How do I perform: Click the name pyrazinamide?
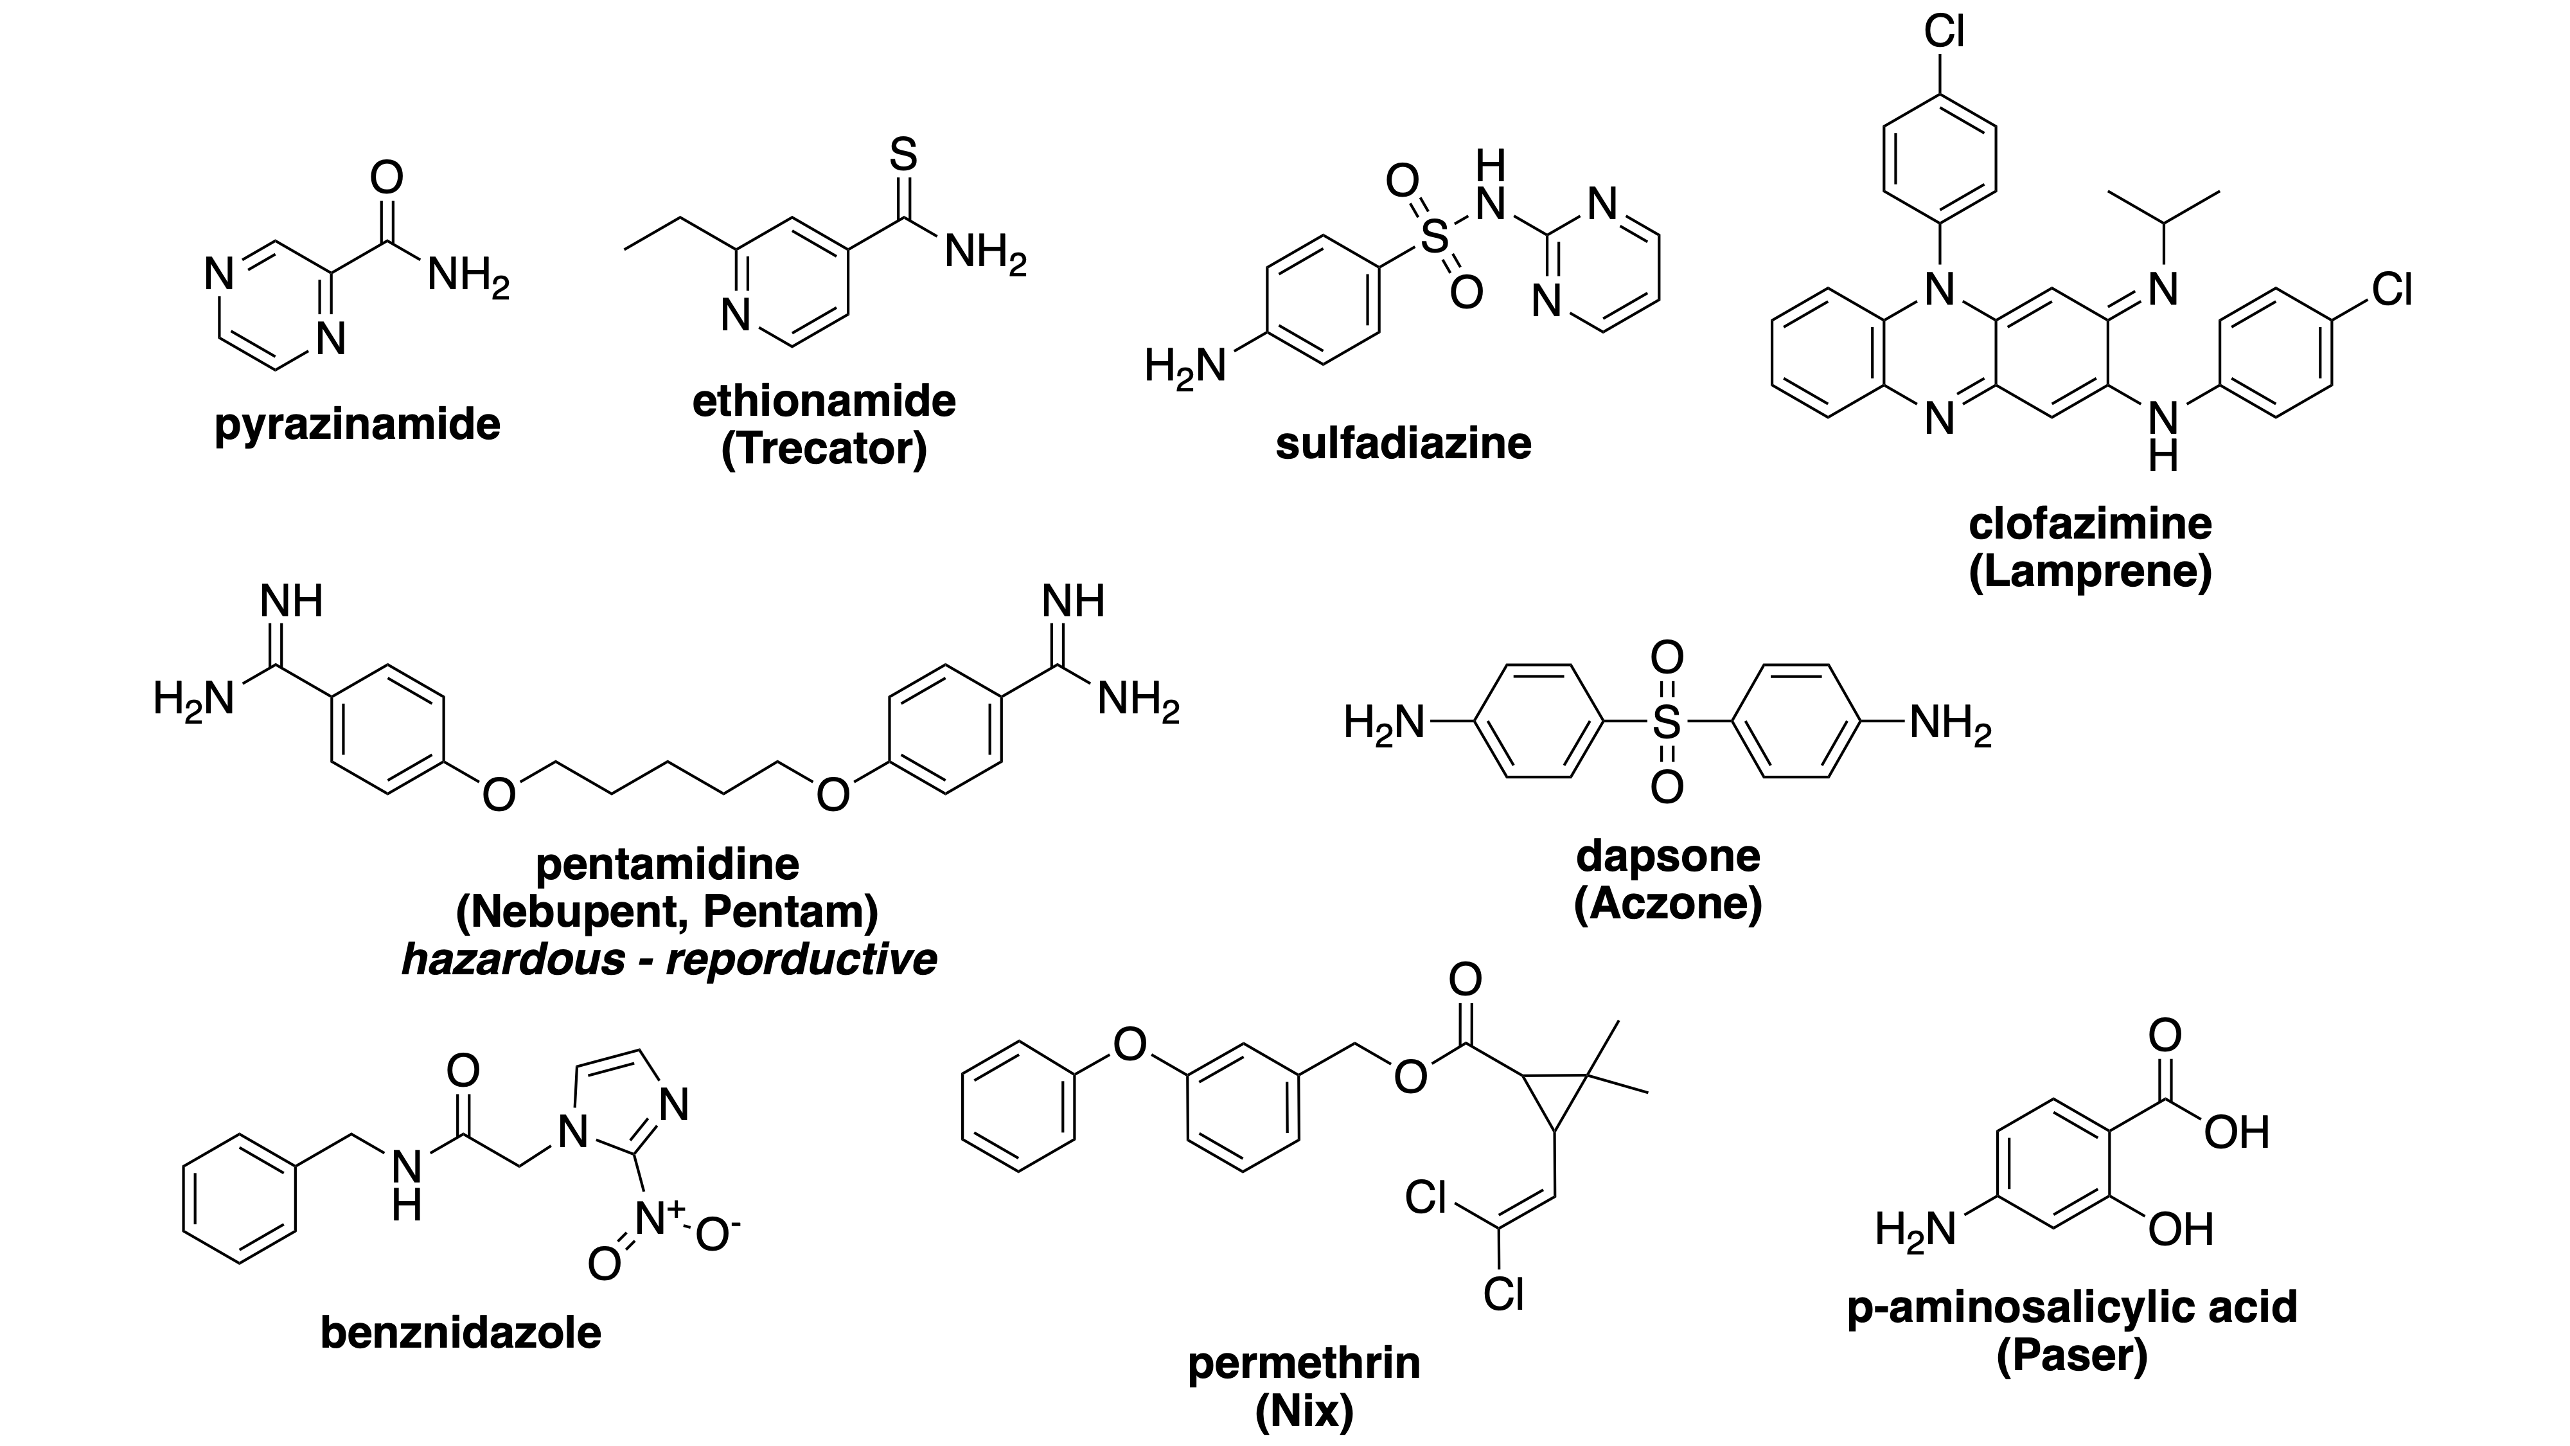click(357, 425)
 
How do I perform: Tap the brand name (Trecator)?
click(824, 449)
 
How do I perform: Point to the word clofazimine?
click(2090, 524)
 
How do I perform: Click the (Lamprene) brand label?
click(2090, 572)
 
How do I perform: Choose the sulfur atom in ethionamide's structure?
click(902, 155)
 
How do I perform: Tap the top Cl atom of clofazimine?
click(1944, 32)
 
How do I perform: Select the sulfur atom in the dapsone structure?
click(1666, 722)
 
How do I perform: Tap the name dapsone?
click(1668, 856)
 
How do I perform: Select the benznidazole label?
click(461, 1332)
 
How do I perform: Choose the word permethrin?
click(1304, 1363)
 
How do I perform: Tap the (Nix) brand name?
click(1304, 1411)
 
